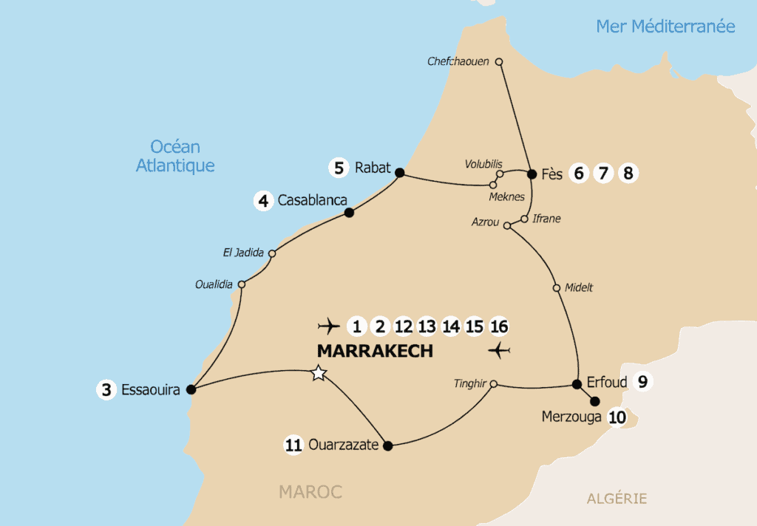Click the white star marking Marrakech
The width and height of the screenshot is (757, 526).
point(319,373)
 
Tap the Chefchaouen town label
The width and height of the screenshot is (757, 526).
point(458,61)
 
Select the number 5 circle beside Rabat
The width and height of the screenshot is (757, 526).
point(339,168)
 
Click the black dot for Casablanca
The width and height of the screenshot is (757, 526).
point(350,213)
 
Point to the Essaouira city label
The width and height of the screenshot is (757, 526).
point(152,390)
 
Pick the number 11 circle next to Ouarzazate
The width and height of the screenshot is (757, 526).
point(293,445)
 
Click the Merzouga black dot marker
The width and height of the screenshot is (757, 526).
point(594,402)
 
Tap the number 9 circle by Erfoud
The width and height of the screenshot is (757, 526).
point(642,382)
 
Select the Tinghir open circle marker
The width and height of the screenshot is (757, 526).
point(494,383)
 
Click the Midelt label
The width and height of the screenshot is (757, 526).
point(578,288)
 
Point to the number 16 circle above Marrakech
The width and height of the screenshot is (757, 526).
point(499,326)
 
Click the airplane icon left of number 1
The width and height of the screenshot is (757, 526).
point(327,326)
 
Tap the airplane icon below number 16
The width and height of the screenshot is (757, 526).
point(500,349)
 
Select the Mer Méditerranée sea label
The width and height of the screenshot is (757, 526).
point(665,27)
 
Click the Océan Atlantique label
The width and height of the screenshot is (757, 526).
point(175,156)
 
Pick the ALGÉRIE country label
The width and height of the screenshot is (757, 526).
point(617,499)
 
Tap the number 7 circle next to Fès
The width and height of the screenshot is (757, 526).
point(603,174)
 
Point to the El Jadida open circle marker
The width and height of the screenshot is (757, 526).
point(272,253)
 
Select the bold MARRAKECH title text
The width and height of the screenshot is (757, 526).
point(375,351)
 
